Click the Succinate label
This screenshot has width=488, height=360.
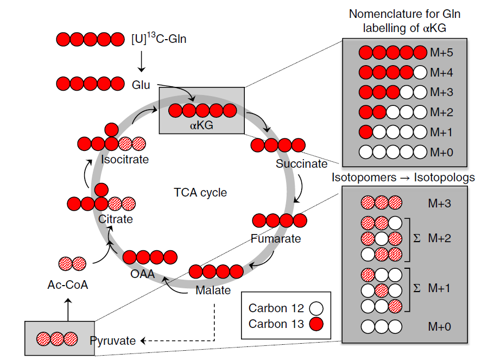point(301,164)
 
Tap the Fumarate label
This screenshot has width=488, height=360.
point(275,238)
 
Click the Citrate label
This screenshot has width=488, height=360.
point(116,219)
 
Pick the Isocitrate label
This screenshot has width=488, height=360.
point(125,160)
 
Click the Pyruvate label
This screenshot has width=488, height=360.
point(112,341)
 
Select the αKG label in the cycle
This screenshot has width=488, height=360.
point(201,125)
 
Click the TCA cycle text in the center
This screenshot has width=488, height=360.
point(200,193)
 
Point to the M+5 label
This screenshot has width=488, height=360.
point(441,53)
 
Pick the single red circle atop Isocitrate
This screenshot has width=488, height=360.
point(111,130)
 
